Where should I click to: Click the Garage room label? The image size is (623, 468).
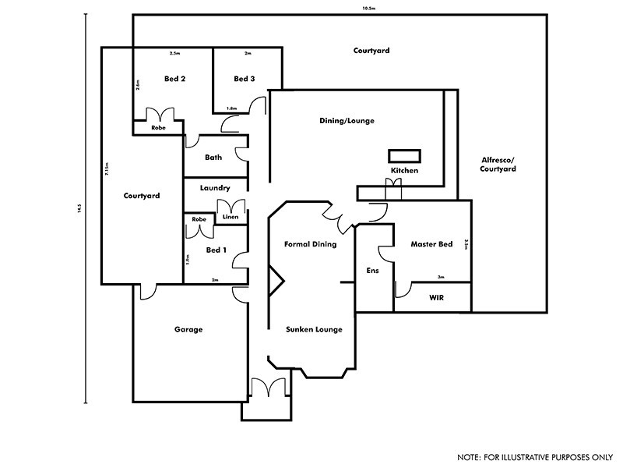188,329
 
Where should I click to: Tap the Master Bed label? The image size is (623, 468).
431,244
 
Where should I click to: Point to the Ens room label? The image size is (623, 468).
372,271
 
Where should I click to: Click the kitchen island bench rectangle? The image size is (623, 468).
404,154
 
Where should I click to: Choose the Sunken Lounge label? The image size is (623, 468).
314,329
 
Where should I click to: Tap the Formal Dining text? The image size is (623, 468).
309,244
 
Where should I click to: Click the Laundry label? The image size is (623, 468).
214,188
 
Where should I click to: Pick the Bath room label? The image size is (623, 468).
213,158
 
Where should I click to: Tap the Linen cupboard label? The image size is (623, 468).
230,216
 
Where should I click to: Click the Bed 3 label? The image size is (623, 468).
244,79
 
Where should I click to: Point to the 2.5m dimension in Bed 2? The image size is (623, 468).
174,53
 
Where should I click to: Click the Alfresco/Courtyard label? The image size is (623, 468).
498,164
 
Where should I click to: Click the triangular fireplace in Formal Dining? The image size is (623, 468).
276,278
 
